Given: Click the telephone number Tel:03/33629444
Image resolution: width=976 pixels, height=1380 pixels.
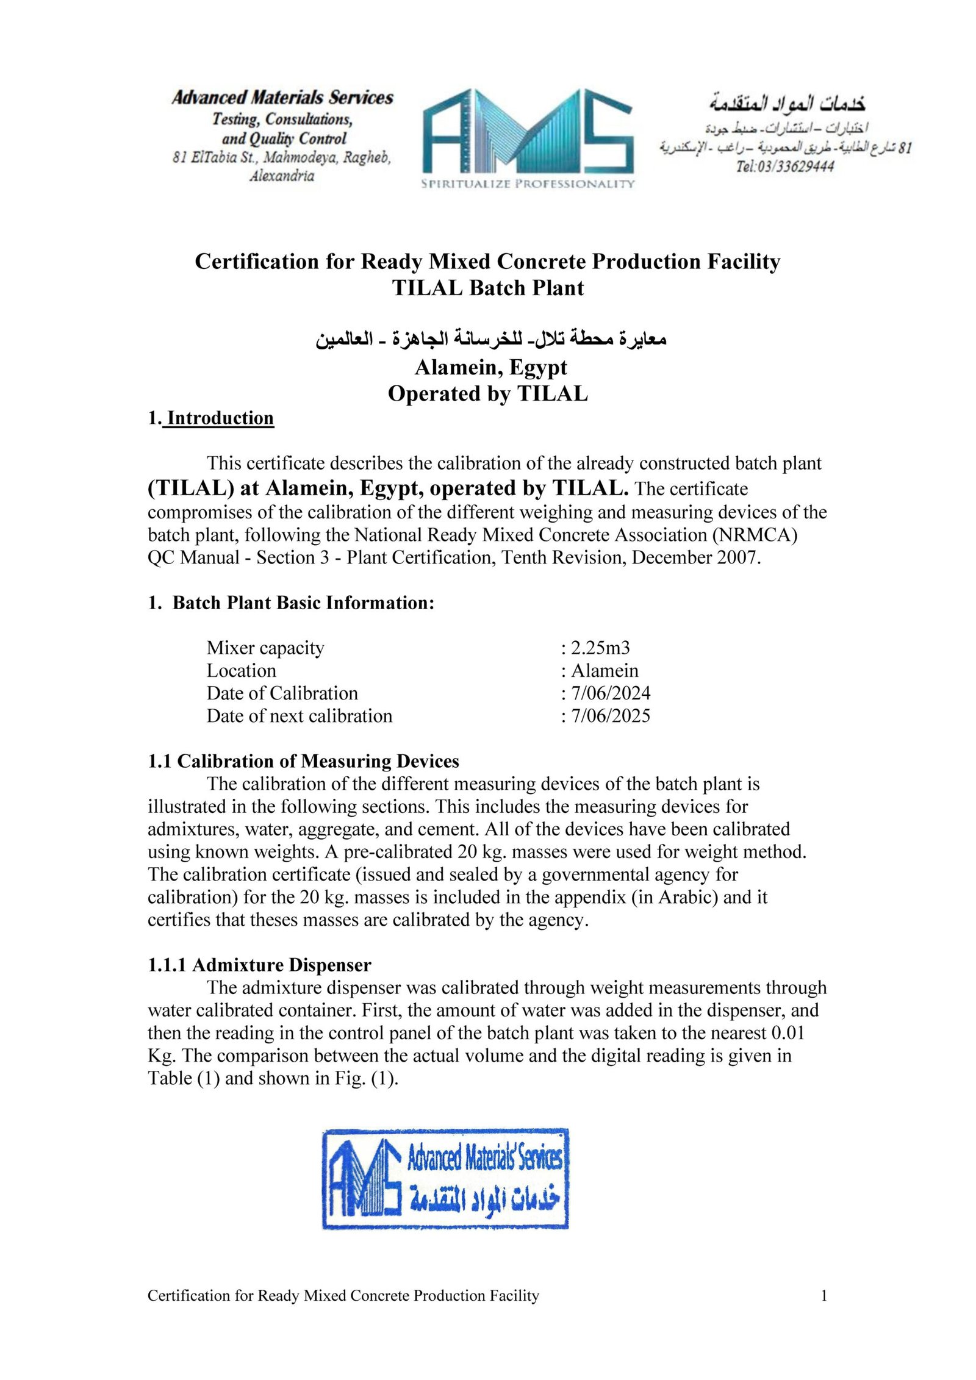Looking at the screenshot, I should point(784,166).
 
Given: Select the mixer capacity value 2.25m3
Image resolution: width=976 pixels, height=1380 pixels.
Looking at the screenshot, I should point(600,648).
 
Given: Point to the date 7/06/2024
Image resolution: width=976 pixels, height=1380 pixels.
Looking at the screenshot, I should point(610,693).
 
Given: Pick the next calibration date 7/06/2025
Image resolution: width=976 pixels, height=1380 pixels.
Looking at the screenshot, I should point(610,715).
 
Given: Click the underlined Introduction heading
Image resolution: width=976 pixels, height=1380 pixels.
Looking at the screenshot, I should point(220,418).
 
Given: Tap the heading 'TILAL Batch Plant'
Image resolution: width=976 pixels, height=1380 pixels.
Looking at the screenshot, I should point(487,288).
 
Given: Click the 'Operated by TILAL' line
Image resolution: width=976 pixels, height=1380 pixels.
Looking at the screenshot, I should point(487,393).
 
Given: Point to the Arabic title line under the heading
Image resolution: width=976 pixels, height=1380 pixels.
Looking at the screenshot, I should point(490,338).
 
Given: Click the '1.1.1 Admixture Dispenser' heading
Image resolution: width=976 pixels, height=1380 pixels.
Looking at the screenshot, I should point(259,965).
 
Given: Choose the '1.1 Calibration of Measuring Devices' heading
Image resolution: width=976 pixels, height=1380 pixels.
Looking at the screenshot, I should point(303,761).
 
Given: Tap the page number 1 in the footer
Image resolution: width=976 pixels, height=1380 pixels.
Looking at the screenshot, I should point(824,1295).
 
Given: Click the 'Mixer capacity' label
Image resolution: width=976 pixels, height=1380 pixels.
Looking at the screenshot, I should point(265,648).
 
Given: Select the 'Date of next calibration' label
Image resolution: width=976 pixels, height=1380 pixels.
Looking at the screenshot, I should point(299,715).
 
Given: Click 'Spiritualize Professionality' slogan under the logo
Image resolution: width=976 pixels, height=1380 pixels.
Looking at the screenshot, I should point(528,184).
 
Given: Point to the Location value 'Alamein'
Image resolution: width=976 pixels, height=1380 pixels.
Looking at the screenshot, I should point(604,670).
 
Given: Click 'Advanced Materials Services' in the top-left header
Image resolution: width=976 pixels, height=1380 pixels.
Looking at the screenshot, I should point(282,98).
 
